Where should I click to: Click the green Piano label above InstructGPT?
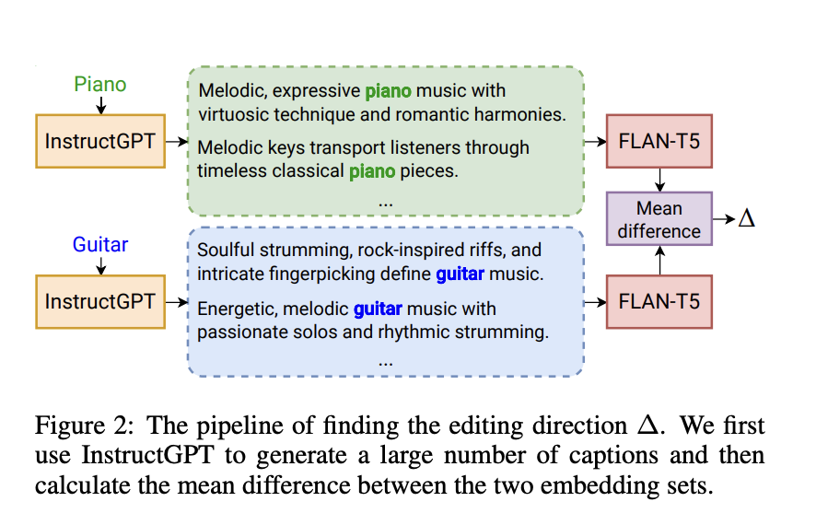(x=99, y=85)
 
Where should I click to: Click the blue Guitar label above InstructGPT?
(x=99, y=245)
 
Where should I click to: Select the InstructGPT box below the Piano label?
(x=99, y=142)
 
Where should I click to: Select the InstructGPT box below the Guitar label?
(x=99, y=301)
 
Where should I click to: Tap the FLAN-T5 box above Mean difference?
(x=659, y=141)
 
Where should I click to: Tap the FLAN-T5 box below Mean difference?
(x=659, y=301)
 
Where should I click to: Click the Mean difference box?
(x=659, y=219)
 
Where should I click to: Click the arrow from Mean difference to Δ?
(x=724, y=219)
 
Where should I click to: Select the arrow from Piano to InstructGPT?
(x=100, y=105)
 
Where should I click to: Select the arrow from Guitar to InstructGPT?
(x=100, y=265)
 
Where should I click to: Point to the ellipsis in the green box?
(x=386, y=201)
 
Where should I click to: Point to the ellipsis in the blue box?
(x=386, y=361)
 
